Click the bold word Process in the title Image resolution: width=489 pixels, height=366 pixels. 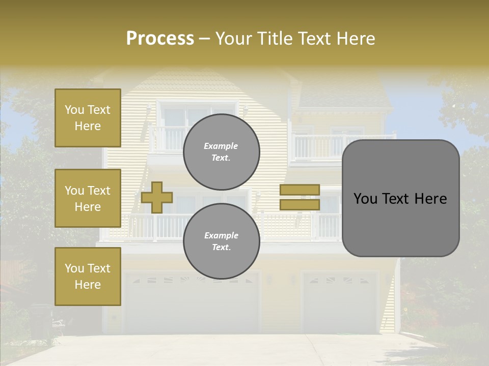160,39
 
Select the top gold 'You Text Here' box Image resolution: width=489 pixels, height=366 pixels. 88,118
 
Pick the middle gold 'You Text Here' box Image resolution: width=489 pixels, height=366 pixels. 88,198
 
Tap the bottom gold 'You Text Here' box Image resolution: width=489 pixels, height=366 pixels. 88,277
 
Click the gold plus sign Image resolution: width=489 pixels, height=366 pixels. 157,197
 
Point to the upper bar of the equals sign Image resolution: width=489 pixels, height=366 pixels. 300,190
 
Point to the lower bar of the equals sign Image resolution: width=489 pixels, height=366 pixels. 300,205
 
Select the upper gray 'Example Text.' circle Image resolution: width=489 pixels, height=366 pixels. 221,151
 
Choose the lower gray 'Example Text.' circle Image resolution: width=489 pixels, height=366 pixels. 221,241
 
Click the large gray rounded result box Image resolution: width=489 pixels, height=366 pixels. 400,198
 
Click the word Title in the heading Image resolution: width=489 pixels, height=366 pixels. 276,39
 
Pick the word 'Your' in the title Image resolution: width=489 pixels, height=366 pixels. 234,39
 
